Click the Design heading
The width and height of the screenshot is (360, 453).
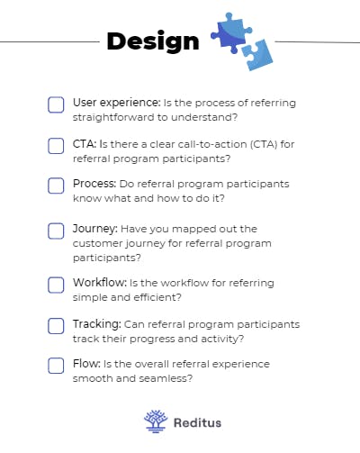point(152,41)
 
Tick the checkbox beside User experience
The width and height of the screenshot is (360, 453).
point(56,104)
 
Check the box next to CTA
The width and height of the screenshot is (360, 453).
point(56,145)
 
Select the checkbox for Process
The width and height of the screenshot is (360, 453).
point(56,186)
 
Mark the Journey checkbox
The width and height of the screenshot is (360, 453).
point(56,231)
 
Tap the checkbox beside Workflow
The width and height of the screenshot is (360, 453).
point(56,285)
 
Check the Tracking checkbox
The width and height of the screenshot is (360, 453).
point(56,326)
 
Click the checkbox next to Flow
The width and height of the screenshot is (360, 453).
point(56,366)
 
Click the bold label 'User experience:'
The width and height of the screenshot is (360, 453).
point(117,103)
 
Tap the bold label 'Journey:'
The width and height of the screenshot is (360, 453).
point(94,229)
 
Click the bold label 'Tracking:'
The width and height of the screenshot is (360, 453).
point(97,324)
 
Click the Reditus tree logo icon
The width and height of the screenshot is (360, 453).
point(155,421)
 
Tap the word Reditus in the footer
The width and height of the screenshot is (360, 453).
point(196,421)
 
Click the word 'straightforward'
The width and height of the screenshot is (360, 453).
point(112,117)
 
